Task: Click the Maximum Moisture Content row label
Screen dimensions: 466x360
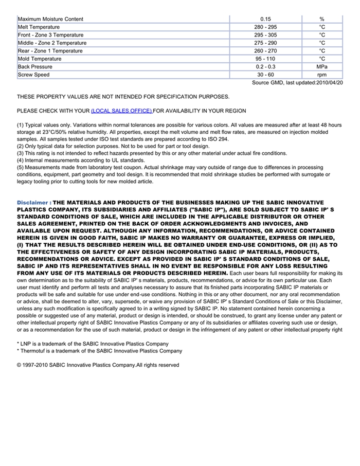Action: pos(50,19)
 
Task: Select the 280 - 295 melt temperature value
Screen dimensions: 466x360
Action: pos(265,27)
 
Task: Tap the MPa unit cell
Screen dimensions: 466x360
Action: pos(322,67)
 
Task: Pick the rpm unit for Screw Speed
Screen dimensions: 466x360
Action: pos(322,75)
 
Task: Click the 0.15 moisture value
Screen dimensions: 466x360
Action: pos(265,19)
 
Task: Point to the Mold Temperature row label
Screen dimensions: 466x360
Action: pos(40,59)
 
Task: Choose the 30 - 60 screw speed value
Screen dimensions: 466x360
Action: pos(265,75)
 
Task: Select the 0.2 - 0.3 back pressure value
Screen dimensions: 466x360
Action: pos(265,67)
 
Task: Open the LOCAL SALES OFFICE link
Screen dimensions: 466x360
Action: pos(121,111)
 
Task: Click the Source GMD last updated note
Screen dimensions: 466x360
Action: pos(297,83)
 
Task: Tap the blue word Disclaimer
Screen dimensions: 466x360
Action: pos(32,203)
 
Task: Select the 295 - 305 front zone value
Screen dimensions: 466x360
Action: pos(265,35)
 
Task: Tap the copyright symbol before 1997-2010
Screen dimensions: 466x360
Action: pos(19,365)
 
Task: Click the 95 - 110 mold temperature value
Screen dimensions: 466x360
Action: pos(265,59)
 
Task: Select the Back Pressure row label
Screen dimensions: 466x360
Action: pos(35,67)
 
